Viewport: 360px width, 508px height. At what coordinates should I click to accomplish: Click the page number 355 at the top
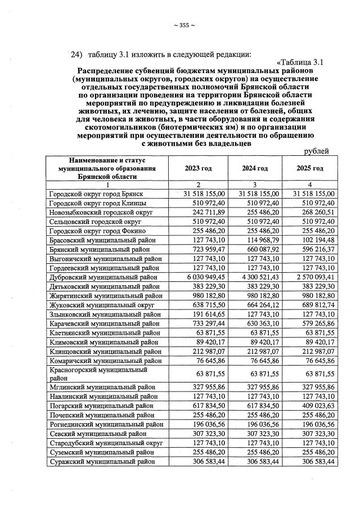tap(184, 25)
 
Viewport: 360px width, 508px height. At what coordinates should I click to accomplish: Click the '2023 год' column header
tap(198, 168)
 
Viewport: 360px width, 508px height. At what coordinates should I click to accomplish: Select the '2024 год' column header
tap(254, 168)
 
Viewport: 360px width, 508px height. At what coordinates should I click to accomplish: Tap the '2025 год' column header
tap(310, 168)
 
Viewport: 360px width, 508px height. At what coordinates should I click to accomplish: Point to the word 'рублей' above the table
tap(316, 151)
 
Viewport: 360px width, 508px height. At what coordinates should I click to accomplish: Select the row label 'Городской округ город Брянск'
tap(94, 194)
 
